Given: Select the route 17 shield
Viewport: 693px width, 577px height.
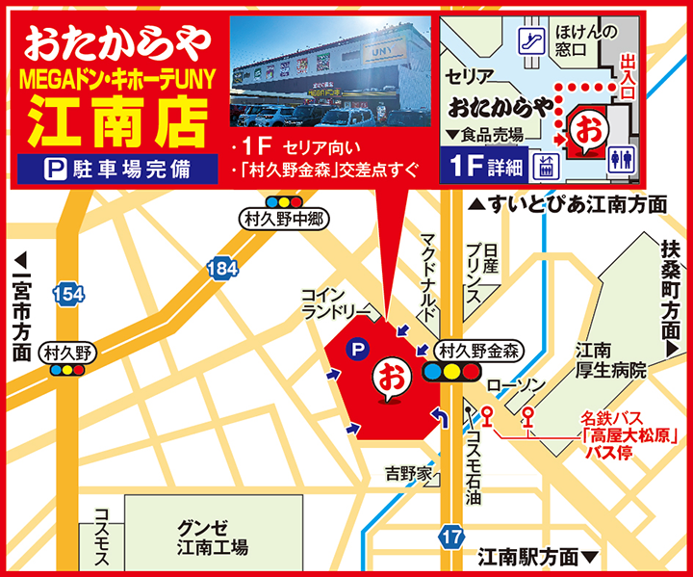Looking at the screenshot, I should click(x=450, y=536).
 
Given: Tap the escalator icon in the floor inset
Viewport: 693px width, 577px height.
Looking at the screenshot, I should click(x=526, y=40).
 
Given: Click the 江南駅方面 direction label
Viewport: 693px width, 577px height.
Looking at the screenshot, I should click(x=537, y=557).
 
